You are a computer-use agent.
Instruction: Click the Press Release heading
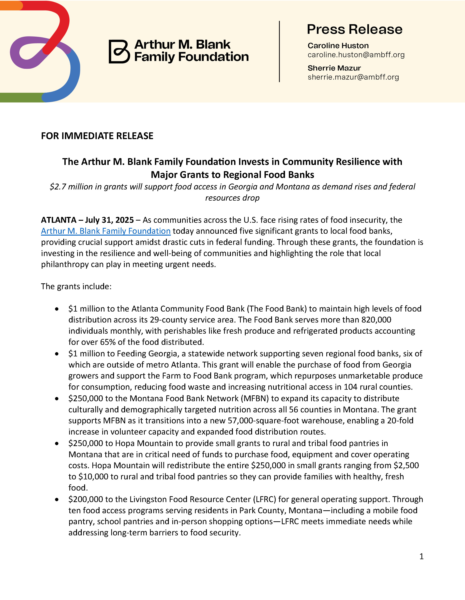pos(354,29)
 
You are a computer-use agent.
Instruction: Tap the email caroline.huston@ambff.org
pos(356,55)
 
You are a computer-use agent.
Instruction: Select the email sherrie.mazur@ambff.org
pos(353,77)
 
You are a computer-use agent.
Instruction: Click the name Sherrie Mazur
pos(334,68)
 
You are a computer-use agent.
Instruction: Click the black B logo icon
pos(119,52)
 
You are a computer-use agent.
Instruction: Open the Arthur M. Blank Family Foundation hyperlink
pos(106,231)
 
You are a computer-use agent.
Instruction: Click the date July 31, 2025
pos(109,220)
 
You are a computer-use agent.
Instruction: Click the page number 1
pos(421,556)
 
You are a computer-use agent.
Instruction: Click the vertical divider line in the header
pos(279,51)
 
